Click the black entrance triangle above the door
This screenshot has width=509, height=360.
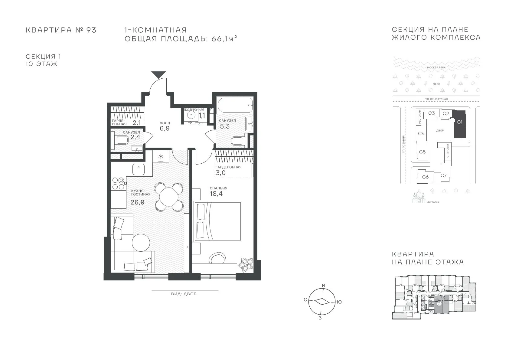pyautogui.click(x=158, y=74)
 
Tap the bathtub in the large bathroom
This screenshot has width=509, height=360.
pyautogui.click(x=235, y=105)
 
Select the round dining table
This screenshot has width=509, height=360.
pyautogui.click(x=169, y=197)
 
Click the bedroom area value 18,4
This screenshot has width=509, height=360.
pyautogui.click(x=216, y=194)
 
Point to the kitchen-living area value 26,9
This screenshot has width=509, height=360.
pyautogui.click(x=138, y=202)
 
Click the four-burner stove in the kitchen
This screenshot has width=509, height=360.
pyautogui.click(x=118, y=183)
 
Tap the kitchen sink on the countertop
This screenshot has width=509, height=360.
pyautogui.click(x=139, y=169)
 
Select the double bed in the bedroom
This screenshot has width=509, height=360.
pyautogui.click(x=217, y=221)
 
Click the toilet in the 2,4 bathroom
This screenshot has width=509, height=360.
pyautogui.click(x=120, y=140)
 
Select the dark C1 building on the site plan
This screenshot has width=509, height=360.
pyautogui.click(x=460, y=124)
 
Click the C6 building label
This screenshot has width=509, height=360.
pyautogui.click(x=425, y=177)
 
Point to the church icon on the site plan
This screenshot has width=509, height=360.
pyautogui.click(x=419, y=197)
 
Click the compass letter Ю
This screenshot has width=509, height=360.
pyautogui.click(x=339, y=302)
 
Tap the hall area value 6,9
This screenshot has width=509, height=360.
pyautogui.click(x=165, y=128)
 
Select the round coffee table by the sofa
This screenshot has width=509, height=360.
pyautogui.click(x=141, y=243)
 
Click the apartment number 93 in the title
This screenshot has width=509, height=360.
pyautogui.click(x=91, y=30)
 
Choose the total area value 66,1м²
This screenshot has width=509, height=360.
pyautogui.click(x=224, y=39)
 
